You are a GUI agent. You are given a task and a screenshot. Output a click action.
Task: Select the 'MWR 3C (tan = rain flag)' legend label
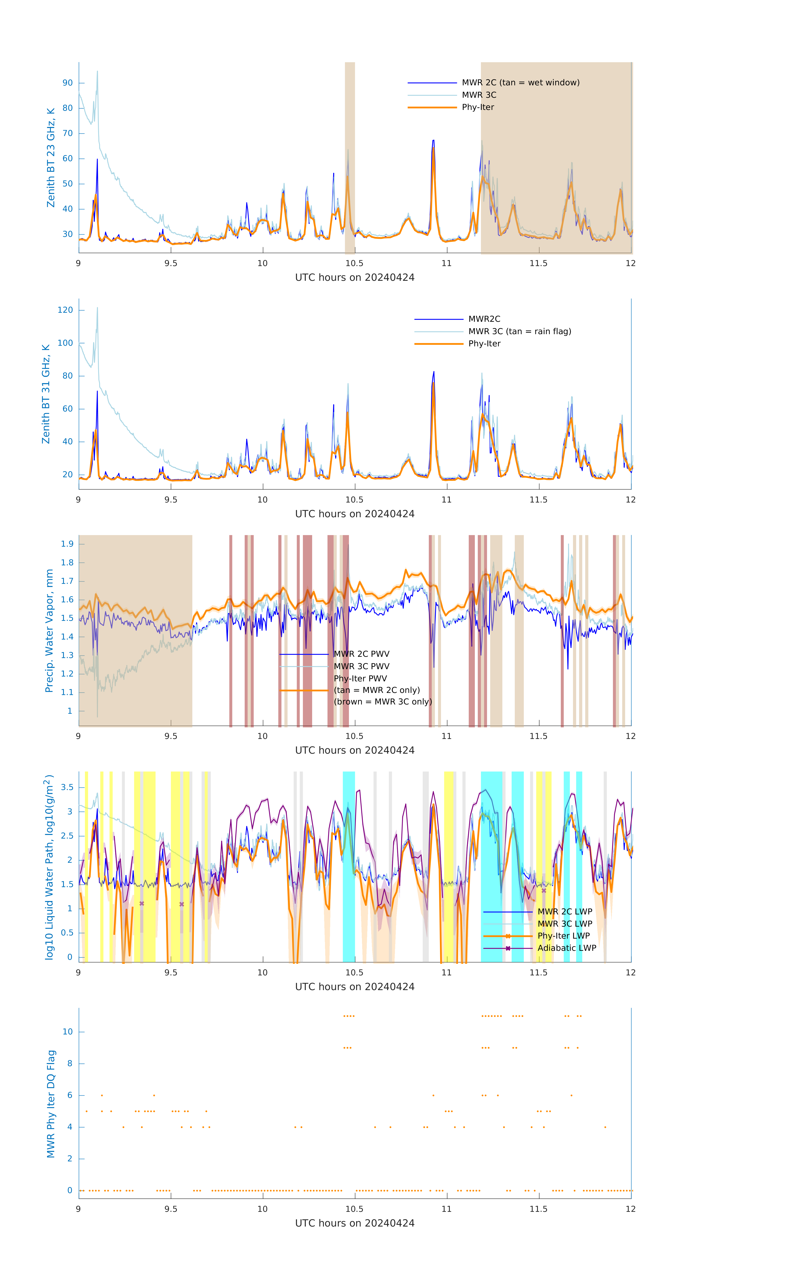[x=520, y=331]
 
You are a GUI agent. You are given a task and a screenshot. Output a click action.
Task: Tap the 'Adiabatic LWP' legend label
[x=567, y=948]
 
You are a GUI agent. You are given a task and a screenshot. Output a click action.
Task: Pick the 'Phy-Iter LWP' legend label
[x=564, y=936]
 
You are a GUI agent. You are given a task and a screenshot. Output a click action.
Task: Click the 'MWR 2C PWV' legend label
[x=361, y=654]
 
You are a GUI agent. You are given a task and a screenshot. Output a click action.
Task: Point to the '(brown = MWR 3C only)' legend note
[x=383, y=702]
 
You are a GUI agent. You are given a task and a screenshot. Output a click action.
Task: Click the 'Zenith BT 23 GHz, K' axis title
[x=51, y=158]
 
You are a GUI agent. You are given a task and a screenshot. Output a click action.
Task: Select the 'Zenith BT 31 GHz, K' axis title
[x=46, y=394]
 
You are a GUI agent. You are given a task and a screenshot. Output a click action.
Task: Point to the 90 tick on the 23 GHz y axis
[x=67, y=83]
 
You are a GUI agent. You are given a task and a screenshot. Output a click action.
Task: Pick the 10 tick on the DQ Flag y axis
[x=67, y=1032]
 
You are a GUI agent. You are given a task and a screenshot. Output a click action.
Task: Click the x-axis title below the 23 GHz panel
[x=355, y=278]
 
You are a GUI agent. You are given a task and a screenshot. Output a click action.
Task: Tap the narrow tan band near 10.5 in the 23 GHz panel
[x=349, y=157]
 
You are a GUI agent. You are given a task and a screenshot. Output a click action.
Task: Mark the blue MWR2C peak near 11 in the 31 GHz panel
[x=433, y=372]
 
